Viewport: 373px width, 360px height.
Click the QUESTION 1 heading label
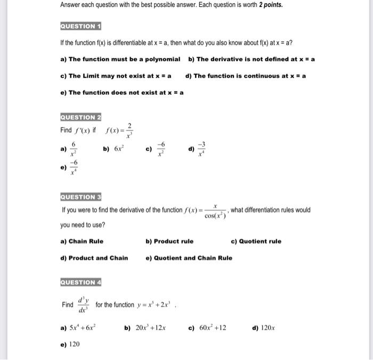(x=81, y=26)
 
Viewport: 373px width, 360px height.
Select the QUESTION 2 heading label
(x=81, y=117)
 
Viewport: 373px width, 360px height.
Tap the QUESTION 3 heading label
(x=81, y=197)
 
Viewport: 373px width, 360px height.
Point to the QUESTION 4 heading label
(x=81, y=282)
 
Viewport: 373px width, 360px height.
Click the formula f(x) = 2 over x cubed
(x=120, y=130)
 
